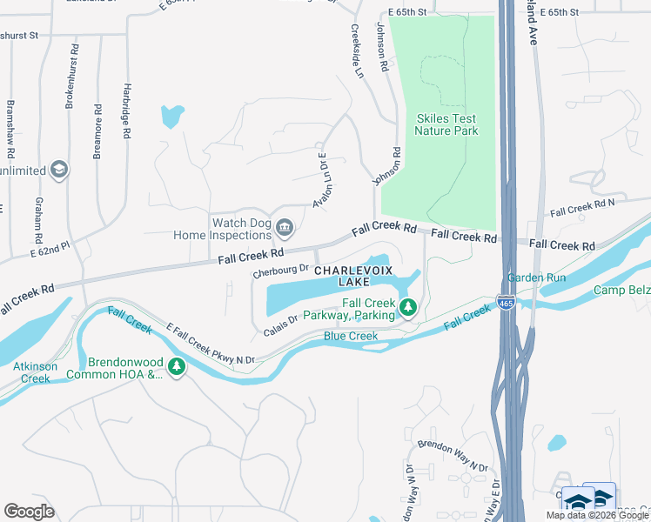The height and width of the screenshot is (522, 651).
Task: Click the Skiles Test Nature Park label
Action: coord(446,124)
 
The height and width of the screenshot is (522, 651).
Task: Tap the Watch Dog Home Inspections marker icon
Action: coord(285,229)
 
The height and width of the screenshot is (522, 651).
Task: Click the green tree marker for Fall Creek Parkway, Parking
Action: coord(407,306)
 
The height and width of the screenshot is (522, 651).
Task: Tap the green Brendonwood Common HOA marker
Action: coord(177,368)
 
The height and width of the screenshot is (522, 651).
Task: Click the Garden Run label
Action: coord(537,278)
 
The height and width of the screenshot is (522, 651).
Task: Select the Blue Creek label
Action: coord(351,336)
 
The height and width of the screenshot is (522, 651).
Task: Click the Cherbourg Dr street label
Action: coord(280,271)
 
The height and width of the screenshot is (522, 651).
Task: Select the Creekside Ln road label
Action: coord(356,50)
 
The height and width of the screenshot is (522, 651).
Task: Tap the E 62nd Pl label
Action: coord(49,251)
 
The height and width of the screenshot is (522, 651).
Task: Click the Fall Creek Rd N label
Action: coord(582,208)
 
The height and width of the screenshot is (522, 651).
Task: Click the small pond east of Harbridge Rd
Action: coord(171,116)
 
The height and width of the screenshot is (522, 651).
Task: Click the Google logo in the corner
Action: coord(30,511)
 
